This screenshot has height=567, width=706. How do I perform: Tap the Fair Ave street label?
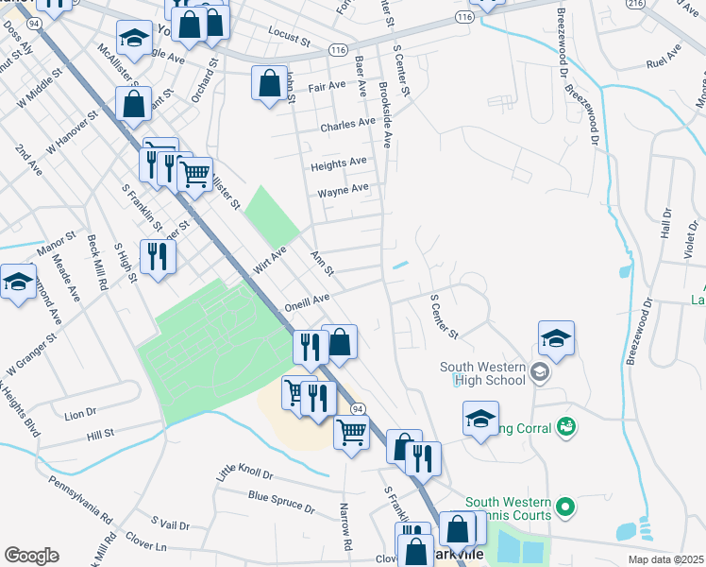coord(328,85)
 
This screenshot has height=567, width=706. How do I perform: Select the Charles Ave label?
coord(347,125)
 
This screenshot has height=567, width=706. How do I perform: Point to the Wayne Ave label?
coord(343,190)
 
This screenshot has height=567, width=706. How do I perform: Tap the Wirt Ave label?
coord(269,257)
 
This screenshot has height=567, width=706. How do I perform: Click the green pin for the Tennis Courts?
coord(565,507)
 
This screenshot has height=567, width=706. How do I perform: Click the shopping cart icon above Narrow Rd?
coord(351,433)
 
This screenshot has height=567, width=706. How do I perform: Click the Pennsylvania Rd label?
coord(84,502)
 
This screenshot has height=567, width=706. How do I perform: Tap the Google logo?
coord(31,555)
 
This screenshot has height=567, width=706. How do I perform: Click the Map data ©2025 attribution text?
coord(665,559)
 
